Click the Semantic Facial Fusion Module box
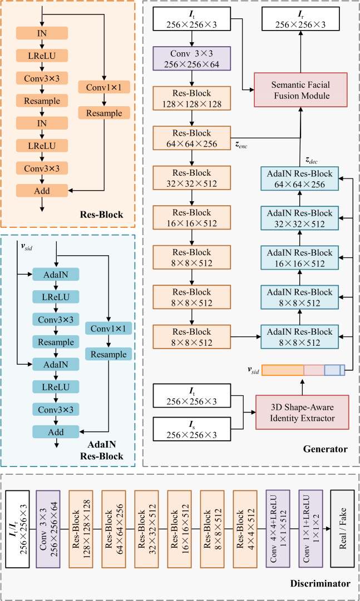(x=300, y=90)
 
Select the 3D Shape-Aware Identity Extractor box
(x=302, y=413)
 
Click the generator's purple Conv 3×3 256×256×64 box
(x=191, y=58)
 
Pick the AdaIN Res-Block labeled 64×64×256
(x=299, y=178)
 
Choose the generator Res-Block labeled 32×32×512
(x=191, y=178)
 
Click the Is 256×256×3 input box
(x=191, y=429)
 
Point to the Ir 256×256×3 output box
(x=300, y=19)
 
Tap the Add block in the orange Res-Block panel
(x=42, y=191)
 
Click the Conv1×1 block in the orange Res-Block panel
(x=103, y=87)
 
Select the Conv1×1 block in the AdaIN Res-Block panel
(x=109, y=329)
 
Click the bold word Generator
(x=325, y=449)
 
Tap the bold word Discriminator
(x=320, y=584)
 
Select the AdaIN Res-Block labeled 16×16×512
(x=299, y=259)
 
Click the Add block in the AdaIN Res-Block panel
(x=56, y=432)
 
